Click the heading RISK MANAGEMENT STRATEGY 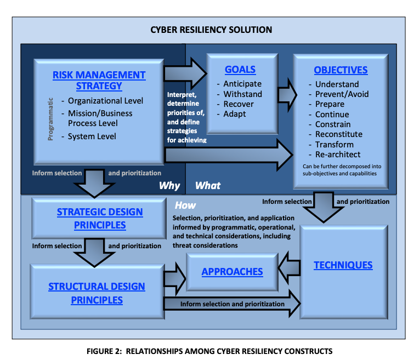point(99,80)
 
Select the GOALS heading point(240,70)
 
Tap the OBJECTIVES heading point(341,70)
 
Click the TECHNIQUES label point(343,265)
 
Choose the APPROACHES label point(232,272)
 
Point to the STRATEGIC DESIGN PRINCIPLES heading point(100,218)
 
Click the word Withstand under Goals point(243,94)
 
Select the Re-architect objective point(338,155)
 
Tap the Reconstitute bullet point(339,134)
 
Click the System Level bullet point(92,136)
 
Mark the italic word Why point(169,185)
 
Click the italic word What point(208,185)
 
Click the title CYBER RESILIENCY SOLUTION point(211,30)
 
